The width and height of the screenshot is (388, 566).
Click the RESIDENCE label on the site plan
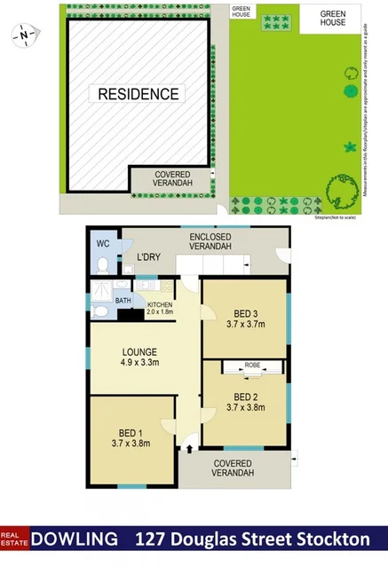point(139,93)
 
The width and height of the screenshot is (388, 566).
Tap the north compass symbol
point(24,36)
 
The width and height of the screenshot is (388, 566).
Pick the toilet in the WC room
point(103,265)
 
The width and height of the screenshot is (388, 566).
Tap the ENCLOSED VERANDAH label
point(210,241)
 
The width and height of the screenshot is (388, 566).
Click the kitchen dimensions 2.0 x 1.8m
point(160,312)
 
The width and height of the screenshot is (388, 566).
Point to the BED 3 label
point(245,314)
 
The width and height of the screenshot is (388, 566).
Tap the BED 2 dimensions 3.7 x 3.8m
point(246,407)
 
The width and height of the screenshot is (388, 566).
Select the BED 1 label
point(131,432)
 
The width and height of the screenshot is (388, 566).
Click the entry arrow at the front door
point(189,450)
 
